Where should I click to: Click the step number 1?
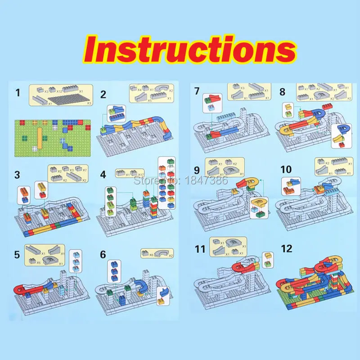[18, 93]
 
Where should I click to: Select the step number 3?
[18, 174]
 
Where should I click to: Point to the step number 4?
[103, 174]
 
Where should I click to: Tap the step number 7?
[197, 91]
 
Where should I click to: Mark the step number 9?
[196, 171]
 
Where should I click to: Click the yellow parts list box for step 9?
[225, 167]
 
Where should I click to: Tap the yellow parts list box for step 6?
[157, 253]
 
